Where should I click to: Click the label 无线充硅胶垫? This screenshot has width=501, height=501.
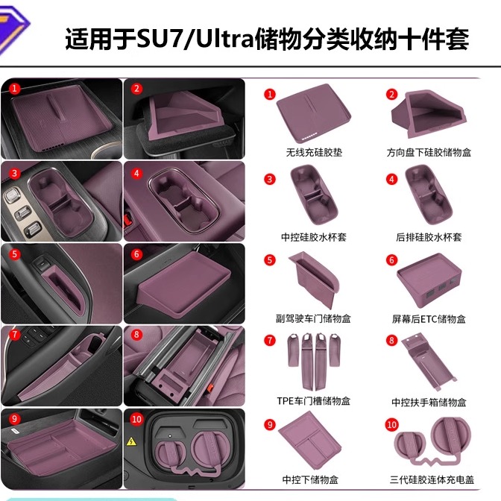(314, 153)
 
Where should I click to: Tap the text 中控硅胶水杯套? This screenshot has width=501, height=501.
(314, 237)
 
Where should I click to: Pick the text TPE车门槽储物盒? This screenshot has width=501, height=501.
(314, 401)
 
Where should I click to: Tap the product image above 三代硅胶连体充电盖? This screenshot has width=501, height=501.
(432, 444)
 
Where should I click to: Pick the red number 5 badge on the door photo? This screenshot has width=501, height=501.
(14, 254)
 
